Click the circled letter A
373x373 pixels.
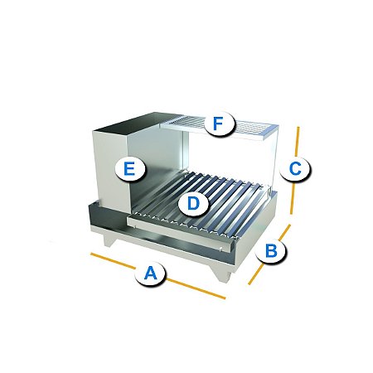[x=151, y=274]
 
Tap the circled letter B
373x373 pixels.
[x=271, y=250]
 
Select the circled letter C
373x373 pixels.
[x=295, y=168]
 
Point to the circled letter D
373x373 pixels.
[x=193, y=204]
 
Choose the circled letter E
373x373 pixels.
[x=129, y=168]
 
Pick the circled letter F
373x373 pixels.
[x=218, y=124]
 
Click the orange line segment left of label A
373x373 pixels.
[x=113, y=260]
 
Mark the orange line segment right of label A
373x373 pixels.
[x=196, y=288]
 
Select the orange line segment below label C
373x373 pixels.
[x=293, y=197]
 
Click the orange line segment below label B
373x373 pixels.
[x=255, y=274]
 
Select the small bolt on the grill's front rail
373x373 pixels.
[x=221, y=249]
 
